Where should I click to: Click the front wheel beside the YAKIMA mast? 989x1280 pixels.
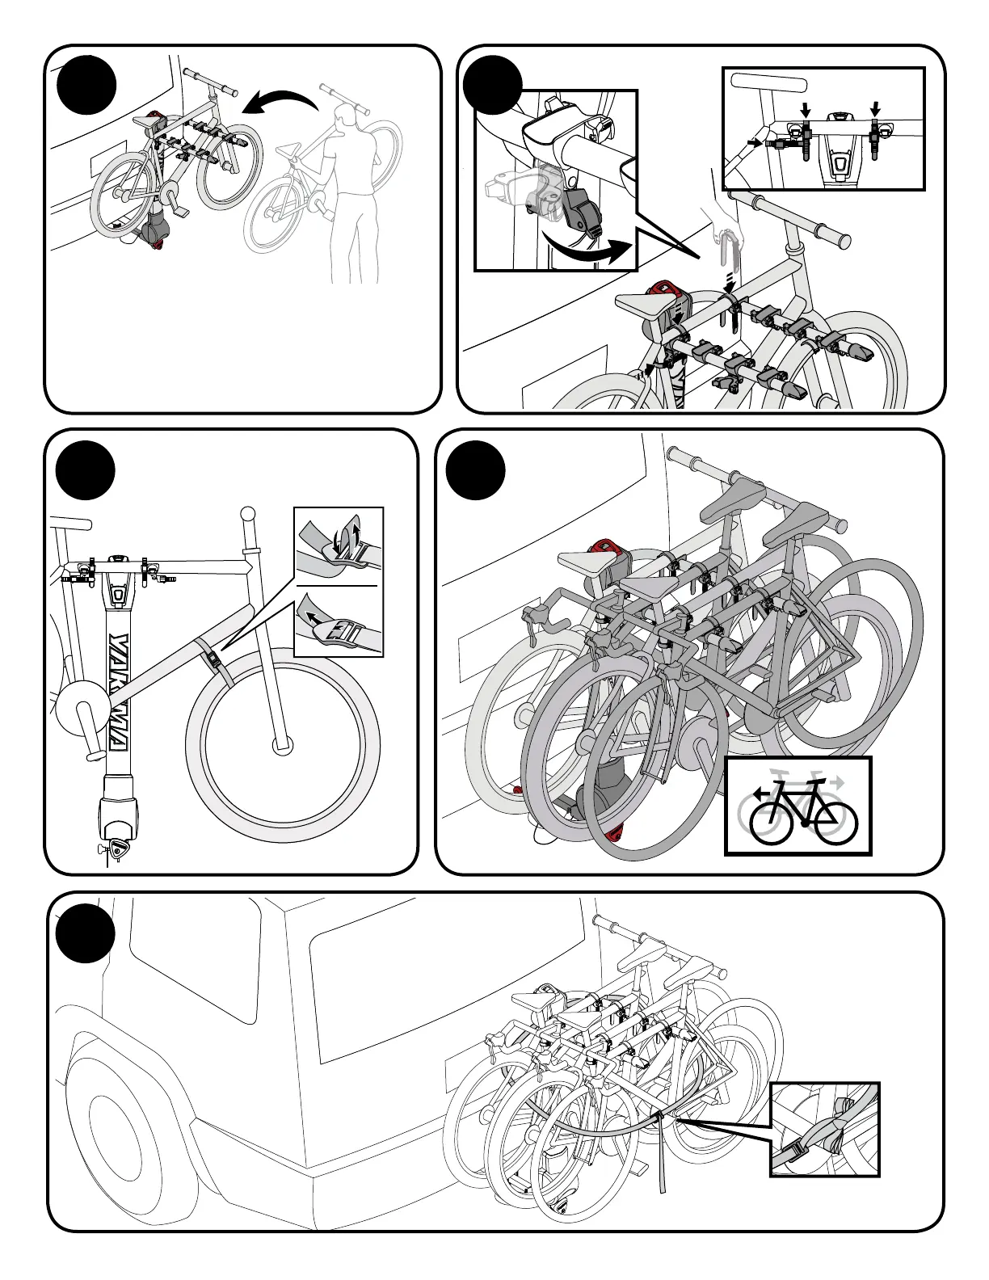coord(282,743)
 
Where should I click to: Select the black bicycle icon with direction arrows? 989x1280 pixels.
coord(798,806)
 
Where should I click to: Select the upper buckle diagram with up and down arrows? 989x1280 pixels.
coord(339,544)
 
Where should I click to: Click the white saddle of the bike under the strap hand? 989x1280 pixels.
coord(642,304)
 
